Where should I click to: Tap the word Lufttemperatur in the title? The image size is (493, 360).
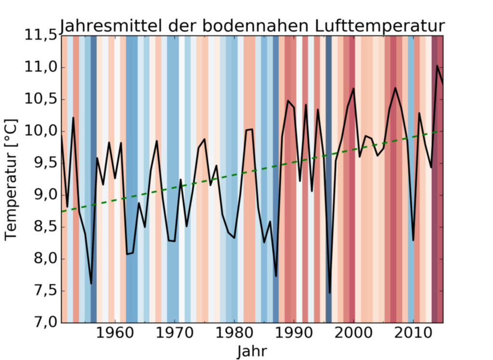[x=379, y=26]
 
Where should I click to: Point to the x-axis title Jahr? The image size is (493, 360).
[x=252, y=350]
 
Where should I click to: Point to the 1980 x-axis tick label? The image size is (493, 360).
[x=234, y=334]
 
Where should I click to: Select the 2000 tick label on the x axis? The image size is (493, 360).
[x=353, y=334]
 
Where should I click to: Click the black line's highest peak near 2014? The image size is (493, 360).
[x=437, y=66]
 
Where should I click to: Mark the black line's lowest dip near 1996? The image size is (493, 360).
[x=330, y=293]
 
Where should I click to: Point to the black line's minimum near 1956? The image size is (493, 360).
[x=91, y=283]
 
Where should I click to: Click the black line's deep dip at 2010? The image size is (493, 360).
[x=413, y=240]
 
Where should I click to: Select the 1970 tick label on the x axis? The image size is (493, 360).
[x=174, y=334]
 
